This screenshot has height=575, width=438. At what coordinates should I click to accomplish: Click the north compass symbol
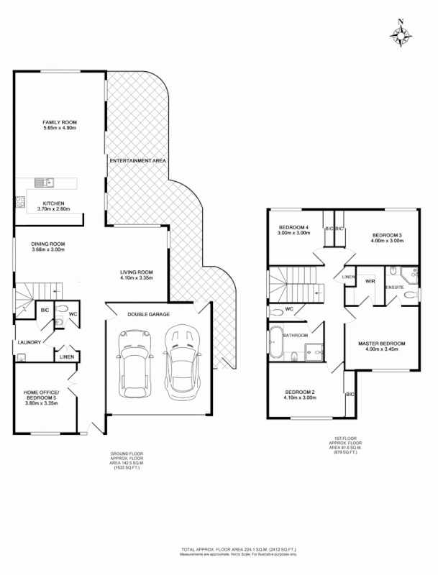pyautogui.click(x=401, y=33)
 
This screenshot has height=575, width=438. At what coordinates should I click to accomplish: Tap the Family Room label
pyautogui.click(x=60, y=122)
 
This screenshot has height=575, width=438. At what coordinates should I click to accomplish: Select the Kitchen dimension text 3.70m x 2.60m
pyautogui.click(x=54, y=208)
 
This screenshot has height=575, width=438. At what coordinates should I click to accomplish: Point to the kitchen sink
pyautogui.click(x=42, y=182)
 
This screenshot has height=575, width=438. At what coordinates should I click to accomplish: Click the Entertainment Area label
pyautogui.click(x=137, y=160)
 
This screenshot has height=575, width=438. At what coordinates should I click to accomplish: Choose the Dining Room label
pyautogui.click(x=48, y=244)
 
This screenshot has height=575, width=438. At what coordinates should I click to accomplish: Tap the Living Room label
pyautogui.click(x=137, y=272)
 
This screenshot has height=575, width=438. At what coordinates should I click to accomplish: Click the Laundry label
pyautogui.click(x=29, y=342)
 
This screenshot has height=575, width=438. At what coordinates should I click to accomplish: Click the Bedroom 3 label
pyautogui.click(x=387, y=235)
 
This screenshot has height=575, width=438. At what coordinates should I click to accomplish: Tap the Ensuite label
pyautogui.click(x=395, y=287)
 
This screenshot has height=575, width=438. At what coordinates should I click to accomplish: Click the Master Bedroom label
pyautogui.click(x=382, y=344)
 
